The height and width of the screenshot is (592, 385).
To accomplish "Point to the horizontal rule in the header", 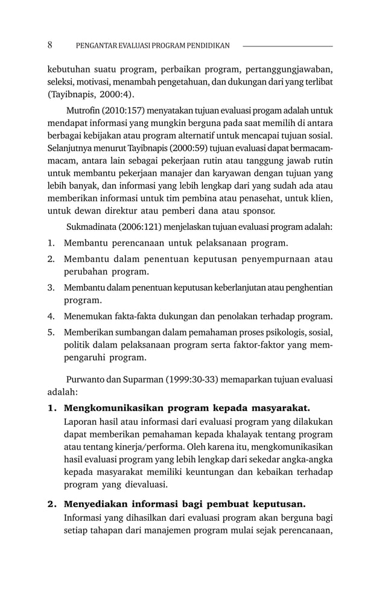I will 287,46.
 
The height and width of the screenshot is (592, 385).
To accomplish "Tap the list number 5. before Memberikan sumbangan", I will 52,332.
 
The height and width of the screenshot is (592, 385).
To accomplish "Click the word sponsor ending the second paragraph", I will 259,211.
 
